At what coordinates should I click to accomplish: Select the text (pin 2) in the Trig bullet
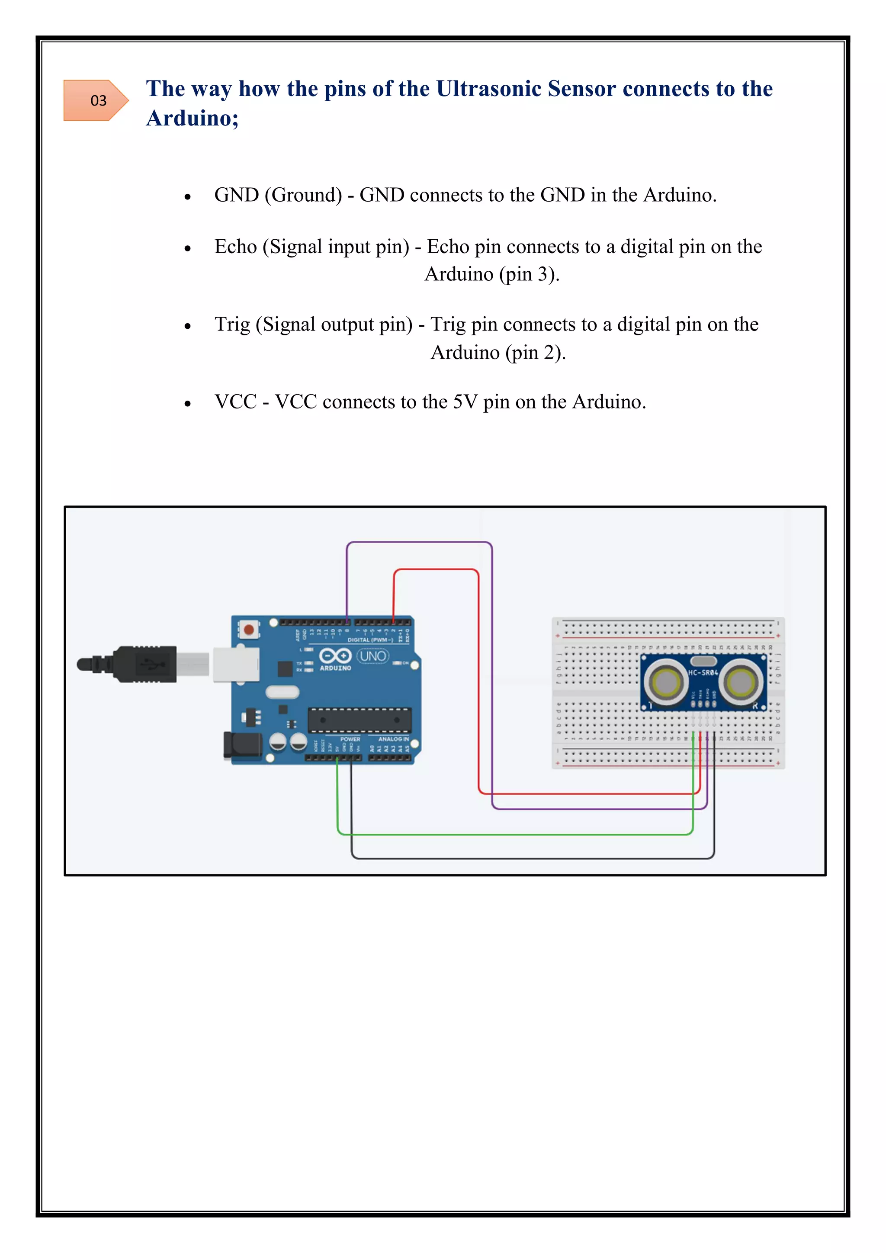535,353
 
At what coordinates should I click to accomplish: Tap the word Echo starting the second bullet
235,247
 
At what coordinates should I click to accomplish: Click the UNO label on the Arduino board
373,656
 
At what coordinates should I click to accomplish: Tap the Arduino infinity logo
335,655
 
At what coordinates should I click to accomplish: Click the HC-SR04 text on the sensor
703,673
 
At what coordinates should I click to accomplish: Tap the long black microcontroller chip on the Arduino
360,720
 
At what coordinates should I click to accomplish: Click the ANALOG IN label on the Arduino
393,739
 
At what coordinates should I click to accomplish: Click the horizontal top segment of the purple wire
419,543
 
